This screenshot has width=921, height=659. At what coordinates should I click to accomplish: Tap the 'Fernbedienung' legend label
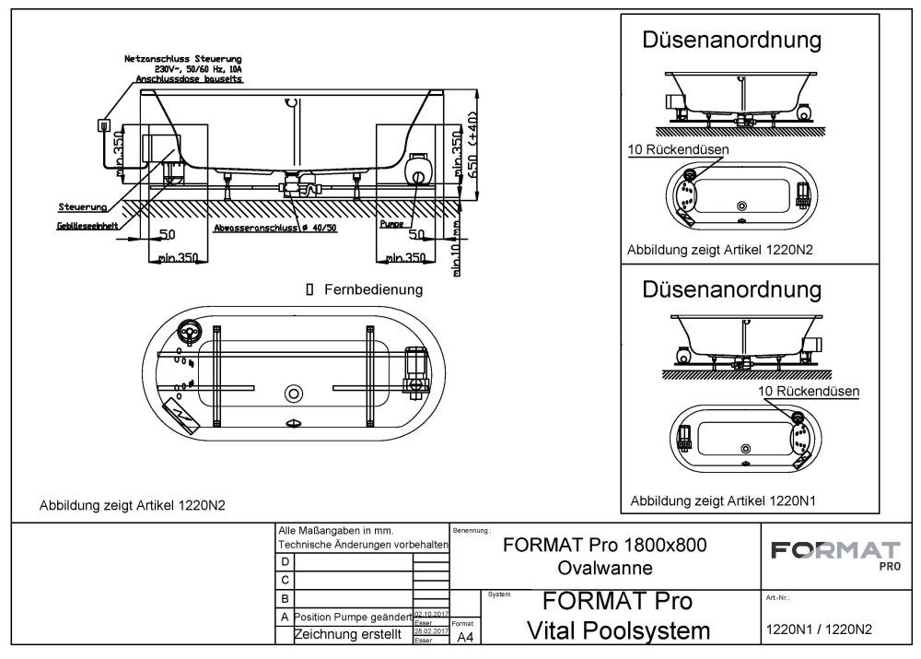[x=373, y=289]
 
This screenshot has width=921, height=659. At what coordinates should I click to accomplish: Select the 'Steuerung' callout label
[x=83, y=206]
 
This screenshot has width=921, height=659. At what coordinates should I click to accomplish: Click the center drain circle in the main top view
[x=294, y=393]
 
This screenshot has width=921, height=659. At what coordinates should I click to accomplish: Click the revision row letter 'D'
[x=285, y=561]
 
